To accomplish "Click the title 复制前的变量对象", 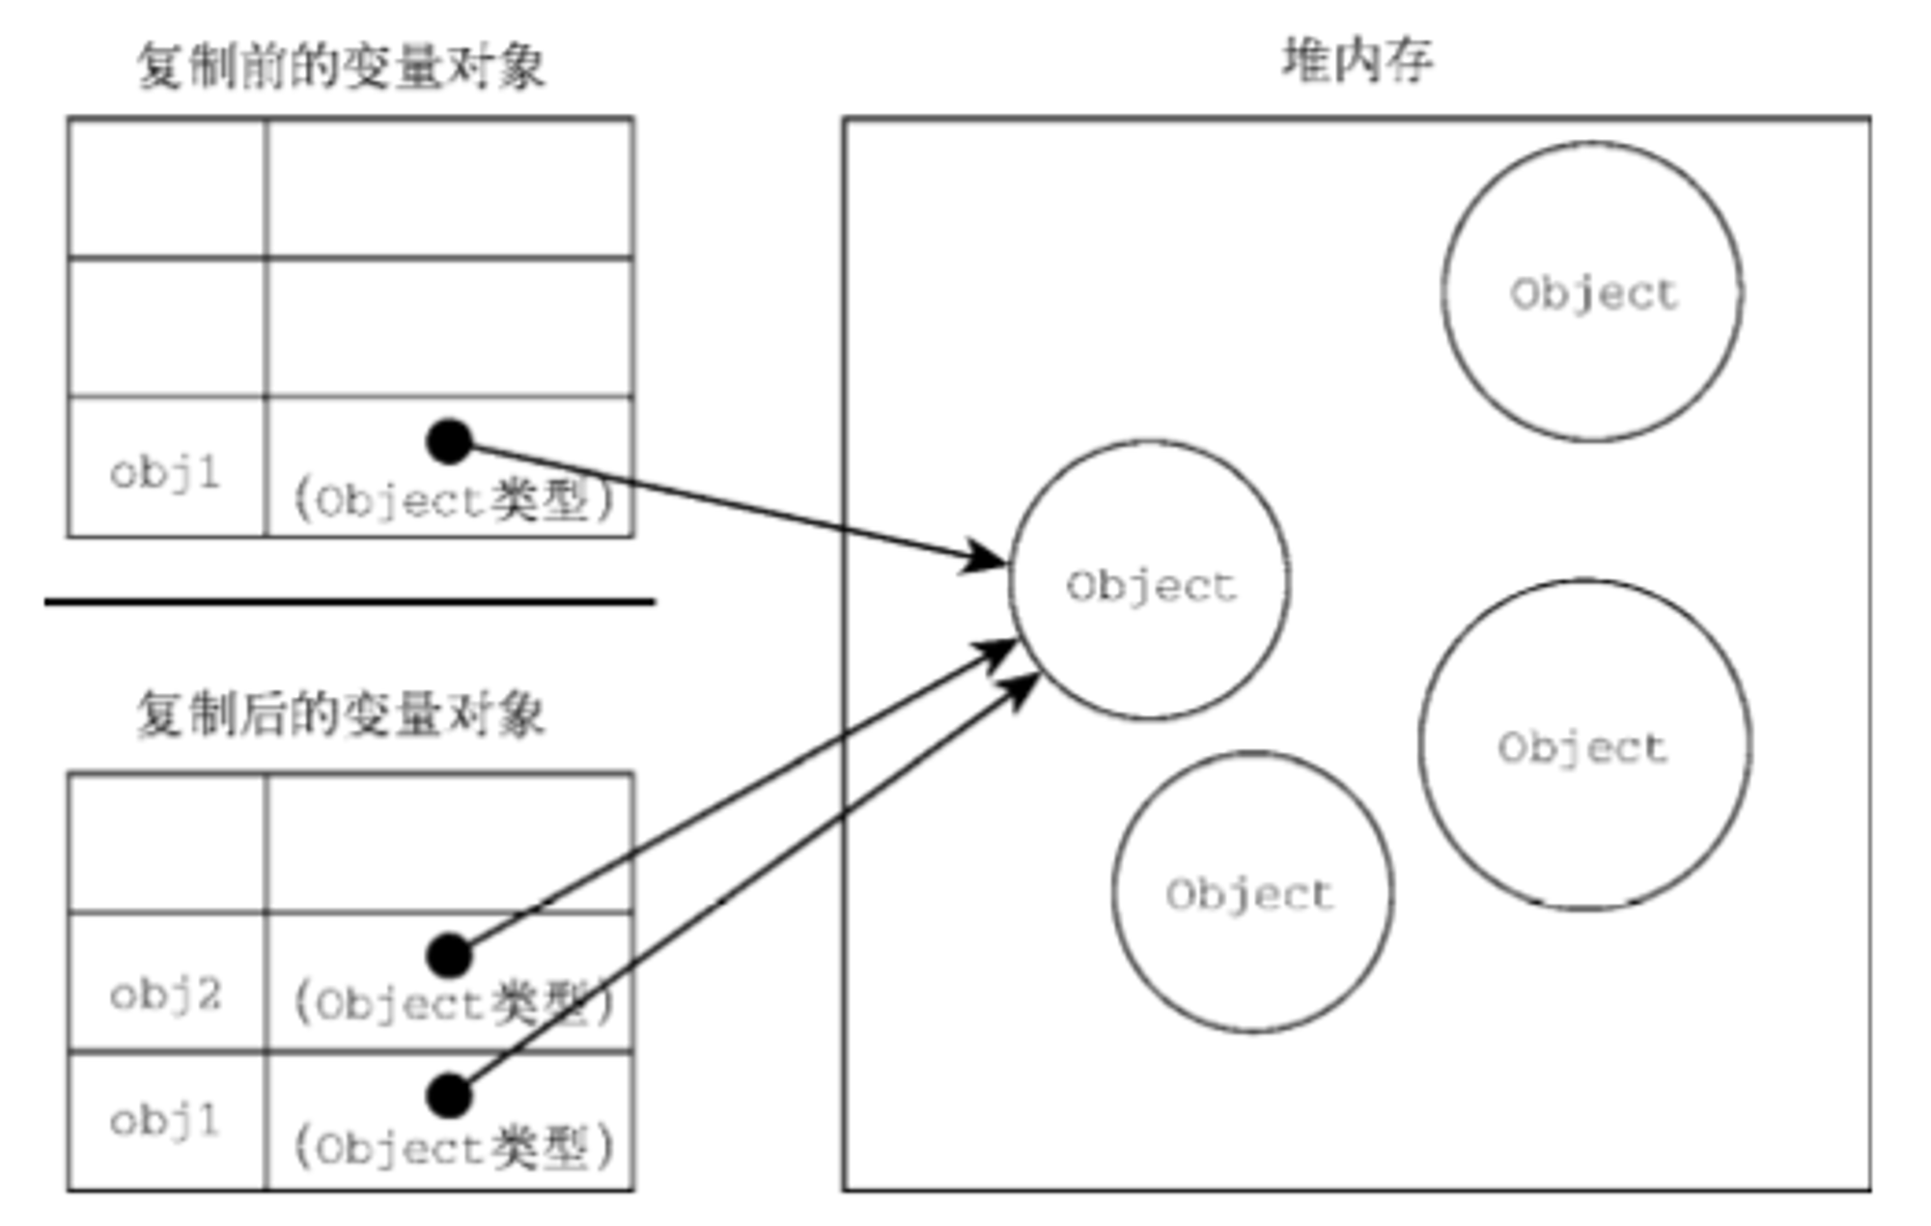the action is (x=341, y=66).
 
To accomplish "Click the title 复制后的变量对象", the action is (x=341, y=714).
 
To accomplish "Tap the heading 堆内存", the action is (x=1357, y=60).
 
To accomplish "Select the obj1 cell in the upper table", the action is (x=167, y=466).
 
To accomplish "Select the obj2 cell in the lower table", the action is (x=167, y=982).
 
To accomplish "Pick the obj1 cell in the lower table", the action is (x=167, y=1121).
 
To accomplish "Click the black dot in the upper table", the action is (x=449, y=442).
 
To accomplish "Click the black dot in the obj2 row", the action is (x=449, y=956).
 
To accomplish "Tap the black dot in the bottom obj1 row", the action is (x=449, y=1096).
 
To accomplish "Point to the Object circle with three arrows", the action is (x=1149, y=580).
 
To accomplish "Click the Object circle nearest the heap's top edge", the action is (x=1592, y=292).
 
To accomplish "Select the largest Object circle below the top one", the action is (x=1584, y=744).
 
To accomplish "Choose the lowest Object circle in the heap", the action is (x=1252, y=892).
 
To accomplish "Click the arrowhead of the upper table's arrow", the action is (x=985, y=558).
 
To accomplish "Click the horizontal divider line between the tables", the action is (x=350, y=601).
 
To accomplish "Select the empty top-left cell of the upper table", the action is (x=167, y=188).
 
